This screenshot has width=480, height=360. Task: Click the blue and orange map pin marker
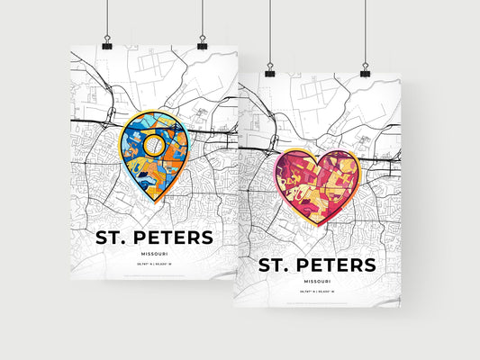tap(152, 149)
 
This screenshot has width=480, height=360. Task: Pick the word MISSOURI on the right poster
tap(318, 281)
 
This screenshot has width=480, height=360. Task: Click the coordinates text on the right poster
tap(318, 291)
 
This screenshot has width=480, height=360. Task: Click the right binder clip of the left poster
tap(202, 44)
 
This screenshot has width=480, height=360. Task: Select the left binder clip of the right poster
tap(267, 69)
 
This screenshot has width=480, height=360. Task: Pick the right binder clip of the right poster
tap(365, 69)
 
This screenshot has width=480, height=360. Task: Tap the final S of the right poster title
tap(369, 265)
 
